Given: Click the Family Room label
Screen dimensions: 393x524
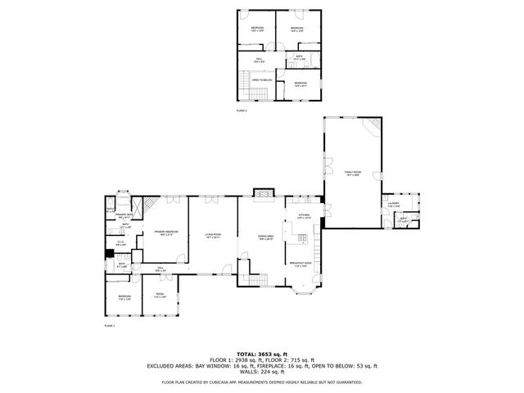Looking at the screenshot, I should click(x=353, y=173).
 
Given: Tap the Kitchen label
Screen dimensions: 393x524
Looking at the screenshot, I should click(x=304, y=218).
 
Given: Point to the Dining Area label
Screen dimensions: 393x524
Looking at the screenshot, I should click(x=264, y=237).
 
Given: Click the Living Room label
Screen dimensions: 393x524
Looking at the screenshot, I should click(x=214, y=237).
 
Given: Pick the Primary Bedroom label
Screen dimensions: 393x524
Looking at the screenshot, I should click(x=166, y=233).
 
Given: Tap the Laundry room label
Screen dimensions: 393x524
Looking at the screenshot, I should click(x=394, y=205).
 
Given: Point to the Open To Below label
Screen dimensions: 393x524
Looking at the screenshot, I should click(x=262, y=79).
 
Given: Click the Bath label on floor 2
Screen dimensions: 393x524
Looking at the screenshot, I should click(x=299, y=58).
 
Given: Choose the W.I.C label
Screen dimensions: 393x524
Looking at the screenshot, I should click(x=120, y=242).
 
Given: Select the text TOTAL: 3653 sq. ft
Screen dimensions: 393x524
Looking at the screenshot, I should click(x=262, y=352).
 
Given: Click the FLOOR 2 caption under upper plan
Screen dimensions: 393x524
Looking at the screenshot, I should click(x=242, y=110).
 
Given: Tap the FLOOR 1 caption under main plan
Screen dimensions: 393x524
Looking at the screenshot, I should click(x=109, y=325).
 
